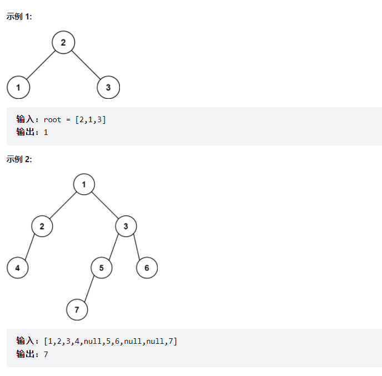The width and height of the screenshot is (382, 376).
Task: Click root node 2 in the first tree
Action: point(63,42)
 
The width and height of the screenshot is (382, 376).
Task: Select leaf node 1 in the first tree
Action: point(18,87)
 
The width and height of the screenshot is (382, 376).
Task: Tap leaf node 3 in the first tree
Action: point(108,87)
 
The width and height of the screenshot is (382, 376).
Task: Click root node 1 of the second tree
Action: point(84,184)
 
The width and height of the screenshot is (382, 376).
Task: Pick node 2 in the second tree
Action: point(42,226)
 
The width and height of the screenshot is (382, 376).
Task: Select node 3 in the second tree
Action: point(126,226)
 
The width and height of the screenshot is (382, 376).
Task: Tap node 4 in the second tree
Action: point(18,268)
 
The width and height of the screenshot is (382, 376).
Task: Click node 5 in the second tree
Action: point(102,268)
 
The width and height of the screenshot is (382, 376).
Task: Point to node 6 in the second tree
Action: point(147,268)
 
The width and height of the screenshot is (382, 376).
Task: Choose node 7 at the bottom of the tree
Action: point(77,309)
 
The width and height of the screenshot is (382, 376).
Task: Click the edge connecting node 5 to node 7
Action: point(89,288)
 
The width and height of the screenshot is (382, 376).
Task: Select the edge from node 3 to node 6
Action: point(137,247)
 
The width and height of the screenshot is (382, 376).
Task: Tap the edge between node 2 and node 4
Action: point(30,247)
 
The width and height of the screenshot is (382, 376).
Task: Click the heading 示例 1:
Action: point(19,17)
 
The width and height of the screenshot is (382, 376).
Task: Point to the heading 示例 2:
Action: point(19,159)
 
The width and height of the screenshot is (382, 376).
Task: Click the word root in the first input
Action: point(52,119)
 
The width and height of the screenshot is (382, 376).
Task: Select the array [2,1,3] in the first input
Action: point(91,119)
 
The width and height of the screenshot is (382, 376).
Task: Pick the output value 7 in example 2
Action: point(46,354)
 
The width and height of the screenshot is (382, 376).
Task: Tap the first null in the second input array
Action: point(92,341)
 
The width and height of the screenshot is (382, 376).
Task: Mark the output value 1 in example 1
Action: point(46,132)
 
